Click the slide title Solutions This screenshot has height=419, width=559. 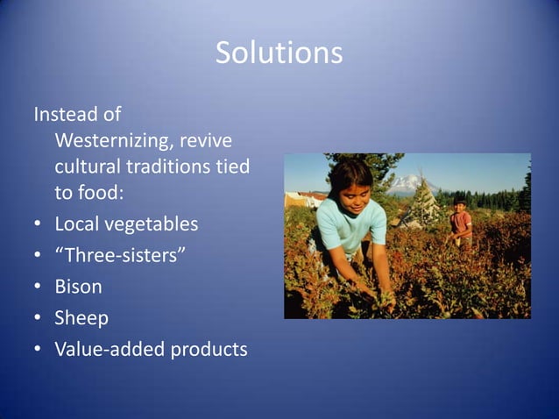click(279, 53)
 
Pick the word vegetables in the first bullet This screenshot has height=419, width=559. click(148, 224)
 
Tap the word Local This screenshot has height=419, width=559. click(74, 224)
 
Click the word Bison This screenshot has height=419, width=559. click(78, 287)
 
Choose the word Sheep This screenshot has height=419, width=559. click(81, 318)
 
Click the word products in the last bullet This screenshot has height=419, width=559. click(208, 349)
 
